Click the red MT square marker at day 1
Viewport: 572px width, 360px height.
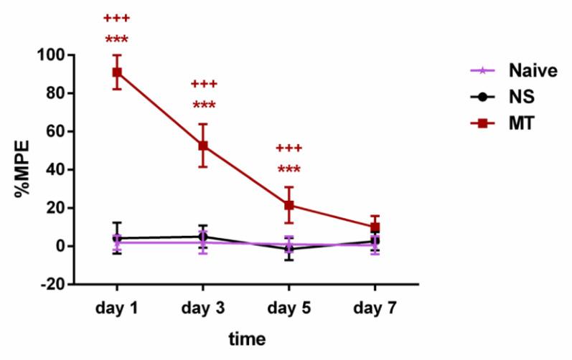click(116, 72)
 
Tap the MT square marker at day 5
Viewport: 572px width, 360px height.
click(289, 205)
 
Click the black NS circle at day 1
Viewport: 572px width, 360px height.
click(116, 238)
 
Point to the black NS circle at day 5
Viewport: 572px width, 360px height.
click(289, 249)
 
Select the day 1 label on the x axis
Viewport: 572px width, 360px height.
click(116, 308)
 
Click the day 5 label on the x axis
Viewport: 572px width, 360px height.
click(289, 308)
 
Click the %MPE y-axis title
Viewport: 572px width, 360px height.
click(24, 169)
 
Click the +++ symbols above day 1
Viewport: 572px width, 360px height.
click(116, 18)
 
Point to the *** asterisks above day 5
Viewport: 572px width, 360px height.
click(289, 170)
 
